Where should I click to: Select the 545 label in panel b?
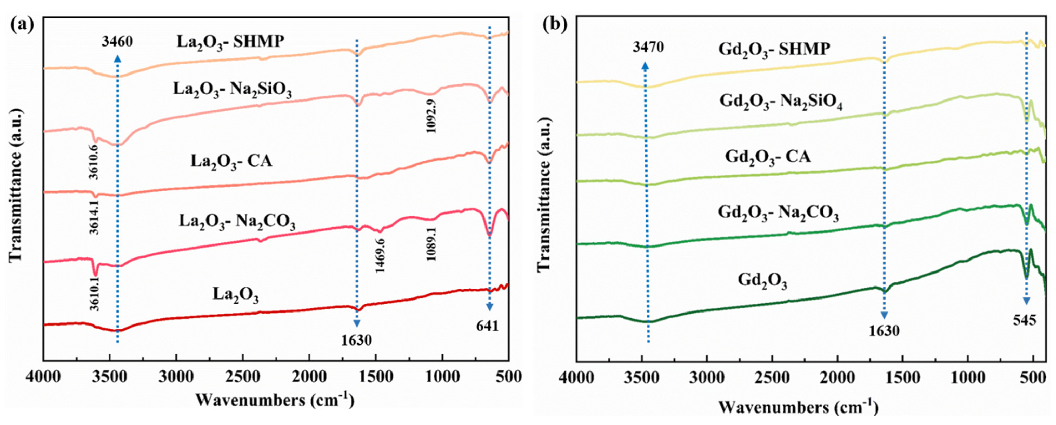[1024, 320]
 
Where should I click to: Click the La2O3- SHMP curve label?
[230, 42]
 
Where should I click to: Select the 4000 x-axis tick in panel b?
[576, 377]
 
